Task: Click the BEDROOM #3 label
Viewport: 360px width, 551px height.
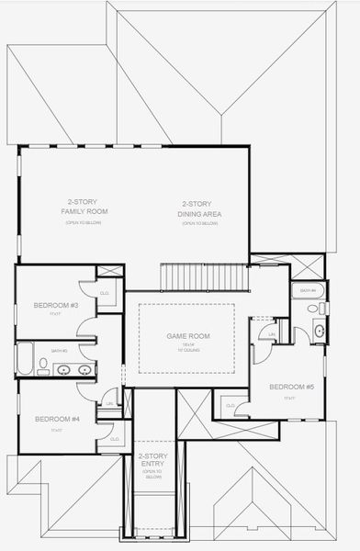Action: coord(56,305)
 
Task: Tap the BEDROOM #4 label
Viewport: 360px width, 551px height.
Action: coord(56,420)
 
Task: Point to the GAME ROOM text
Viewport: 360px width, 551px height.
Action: coord(187,336)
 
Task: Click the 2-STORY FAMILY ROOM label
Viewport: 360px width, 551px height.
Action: coord(84,207)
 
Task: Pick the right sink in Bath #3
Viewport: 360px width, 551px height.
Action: coord(84,370)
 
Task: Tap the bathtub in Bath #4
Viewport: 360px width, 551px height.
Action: coord(305,291)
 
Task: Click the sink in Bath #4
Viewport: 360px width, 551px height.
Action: coord(319,331)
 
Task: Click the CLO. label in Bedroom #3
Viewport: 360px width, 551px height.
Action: coord(104,293)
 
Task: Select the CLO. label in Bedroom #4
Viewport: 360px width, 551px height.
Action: coord(115,439)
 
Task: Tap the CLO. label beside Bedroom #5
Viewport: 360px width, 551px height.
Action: coord(230,405)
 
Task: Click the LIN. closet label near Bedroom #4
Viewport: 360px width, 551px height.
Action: coord(109,403)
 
